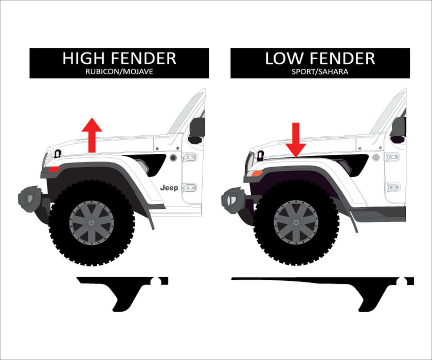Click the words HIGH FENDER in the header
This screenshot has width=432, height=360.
119,59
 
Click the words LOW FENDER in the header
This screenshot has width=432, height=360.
320,59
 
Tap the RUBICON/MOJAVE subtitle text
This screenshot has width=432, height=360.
119,72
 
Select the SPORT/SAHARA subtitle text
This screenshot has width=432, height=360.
320,72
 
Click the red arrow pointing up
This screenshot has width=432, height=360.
92,134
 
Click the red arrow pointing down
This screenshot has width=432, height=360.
296,139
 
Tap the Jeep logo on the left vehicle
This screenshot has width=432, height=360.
169,188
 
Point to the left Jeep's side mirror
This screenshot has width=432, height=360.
196,129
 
